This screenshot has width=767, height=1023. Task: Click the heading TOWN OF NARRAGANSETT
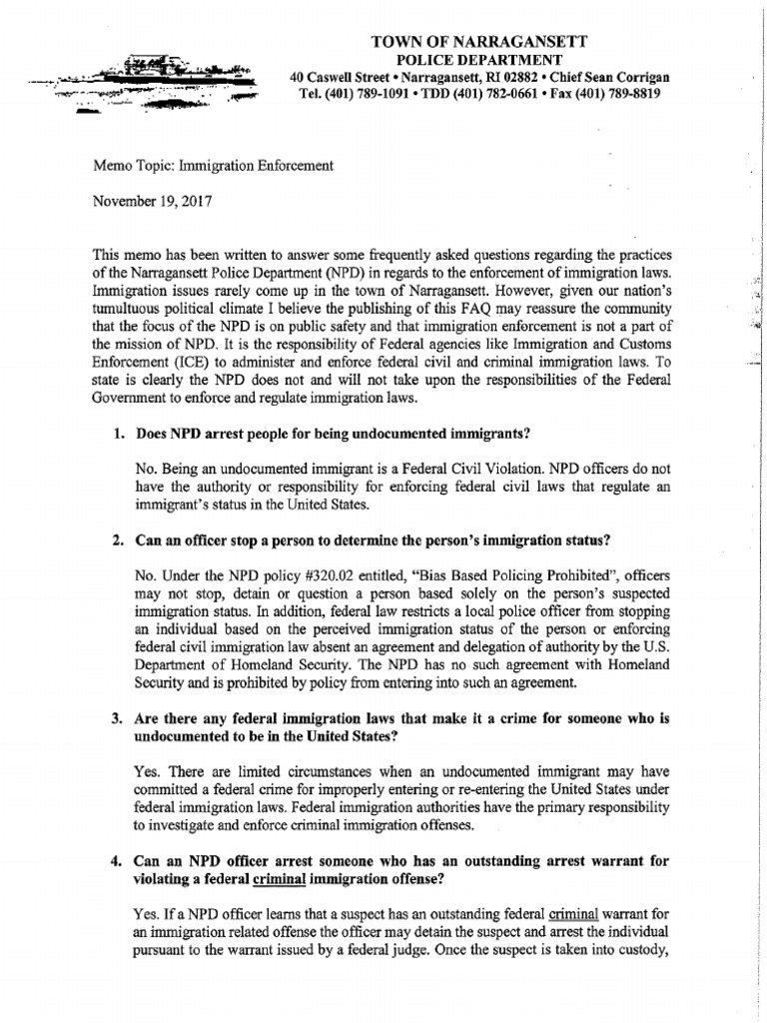click(x=479, y=41)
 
